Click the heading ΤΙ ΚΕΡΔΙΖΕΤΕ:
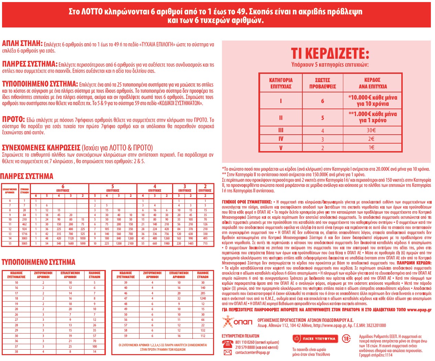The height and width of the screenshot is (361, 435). pyautogui.click(x=330, y=53)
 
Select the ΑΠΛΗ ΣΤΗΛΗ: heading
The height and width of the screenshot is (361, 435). pyautogui.click(x=22, y=44)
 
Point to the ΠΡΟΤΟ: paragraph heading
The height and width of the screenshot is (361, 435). pyautogui.click(x=13, y=119)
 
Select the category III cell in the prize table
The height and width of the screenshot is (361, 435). pyautogui.click(x=281, y=130)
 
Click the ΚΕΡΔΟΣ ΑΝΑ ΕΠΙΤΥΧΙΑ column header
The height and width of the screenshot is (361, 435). pyautogui.click(x=372, y=83)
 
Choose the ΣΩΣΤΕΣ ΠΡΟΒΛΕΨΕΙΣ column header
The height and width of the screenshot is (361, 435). pyautogui.click(x=322, y=83)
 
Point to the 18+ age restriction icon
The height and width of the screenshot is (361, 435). pyautogui.click(x=346, y=339)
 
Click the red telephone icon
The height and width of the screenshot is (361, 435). pyautogui.click(x=227, y=344)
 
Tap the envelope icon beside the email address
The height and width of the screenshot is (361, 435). pyautogui.click(x=227, y=352)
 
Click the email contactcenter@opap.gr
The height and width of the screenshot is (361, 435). pyautogui.click(x=253, y=352)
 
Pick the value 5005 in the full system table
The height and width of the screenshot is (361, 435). pyautogui.click(x=24, y=244)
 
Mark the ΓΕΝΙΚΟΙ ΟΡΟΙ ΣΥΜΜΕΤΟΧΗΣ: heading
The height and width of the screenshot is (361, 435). pyautogui.click(x=247, y=202)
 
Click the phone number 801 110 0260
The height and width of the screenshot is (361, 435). pyautogui.click(x=245, y=342)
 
